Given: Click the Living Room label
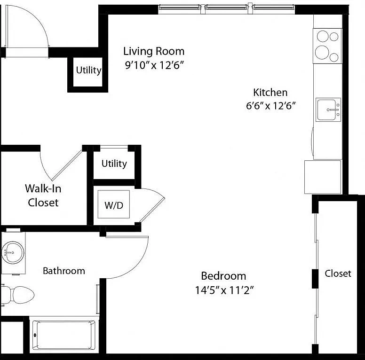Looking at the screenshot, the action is click(x=154, y=51).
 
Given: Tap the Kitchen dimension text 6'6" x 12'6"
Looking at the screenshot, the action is click(x=271, y=106).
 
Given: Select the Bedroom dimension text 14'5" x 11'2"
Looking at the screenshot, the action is click(x=224, y=290).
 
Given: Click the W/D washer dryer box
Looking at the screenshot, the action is click(x=114, y=204).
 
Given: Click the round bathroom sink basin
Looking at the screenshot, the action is click(x=13, y=252).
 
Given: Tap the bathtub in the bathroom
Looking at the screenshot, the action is click(x=64, y=335).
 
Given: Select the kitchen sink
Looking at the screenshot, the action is click(x=328, y=110).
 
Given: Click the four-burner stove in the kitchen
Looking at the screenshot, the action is click(x=327, y=46).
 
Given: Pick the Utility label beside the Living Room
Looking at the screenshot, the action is click(x=89, y=70).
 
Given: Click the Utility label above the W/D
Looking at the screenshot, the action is click(x=114, y=164).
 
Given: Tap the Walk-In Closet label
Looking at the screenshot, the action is click(x=43, y=196).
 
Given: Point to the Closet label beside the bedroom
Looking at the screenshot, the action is click(x=338, y=274).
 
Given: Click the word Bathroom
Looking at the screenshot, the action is click(x=64, y=271).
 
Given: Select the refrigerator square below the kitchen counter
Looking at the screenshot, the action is click(x=323, y=177).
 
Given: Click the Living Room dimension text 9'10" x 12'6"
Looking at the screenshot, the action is click(x=155, y=65).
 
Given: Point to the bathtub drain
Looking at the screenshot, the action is click(x=35, y=335).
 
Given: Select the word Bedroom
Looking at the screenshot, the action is click(x=223, y=276).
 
